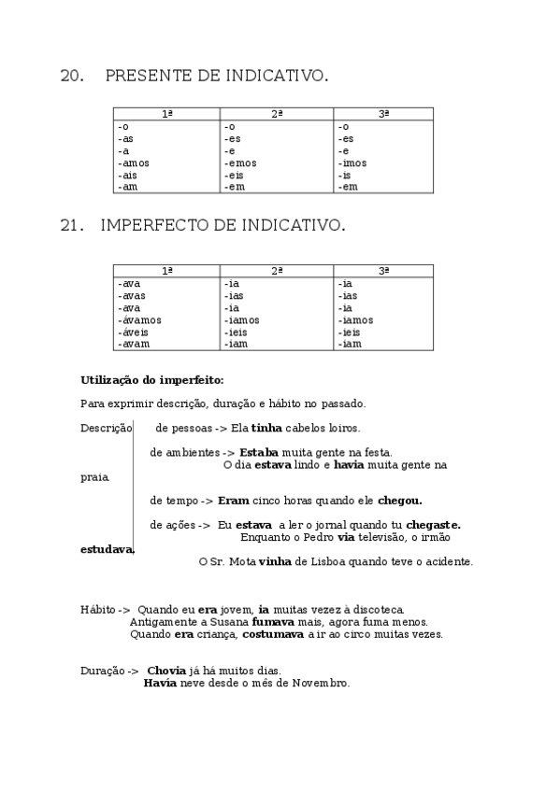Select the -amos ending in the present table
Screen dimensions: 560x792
click(x=134, y=163)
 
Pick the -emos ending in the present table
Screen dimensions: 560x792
click(x=240, y=163)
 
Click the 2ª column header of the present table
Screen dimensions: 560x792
click(x=277, y=114)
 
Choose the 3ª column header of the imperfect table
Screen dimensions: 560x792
click(x=383, y=271)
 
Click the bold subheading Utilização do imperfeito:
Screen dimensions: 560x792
click(x=152, y=379)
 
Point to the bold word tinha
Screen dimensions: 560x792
click(x=266, y=428)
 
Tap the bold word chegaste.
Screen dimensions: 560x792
click(x=433, y=525)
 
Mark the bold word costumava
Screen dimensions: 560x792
click(x=273, y=633)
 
